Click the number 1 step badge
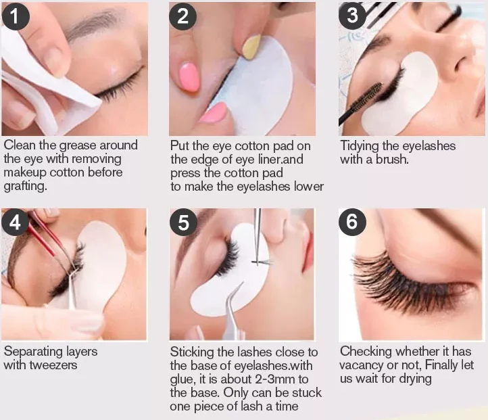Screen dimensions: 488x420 pyautogui.click(x=16, y=16)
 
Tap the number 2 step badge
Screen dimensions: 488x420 pyautogui.click(x=182, y=16)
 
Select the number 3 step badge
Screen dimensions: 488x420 pyautogui.click(x=352, y=16)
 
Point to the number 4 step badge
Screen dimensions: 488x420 pyautogui.click(x=16, y=223)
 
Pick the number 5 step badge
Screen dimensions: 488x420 pyautogui.click(x=183, y=223)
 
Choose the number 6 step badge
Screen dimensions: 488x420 pyautogui.click(x=352, y=222)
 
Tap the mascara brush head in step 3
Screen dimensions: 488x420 pyautogui.click(x=367, y=97)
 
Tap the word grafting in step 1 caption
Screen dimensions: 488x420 pyautogui.click(x=25, y=186)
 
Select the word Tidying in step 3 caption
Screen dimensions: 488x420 pyautogui.click(x=359, y=146)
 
